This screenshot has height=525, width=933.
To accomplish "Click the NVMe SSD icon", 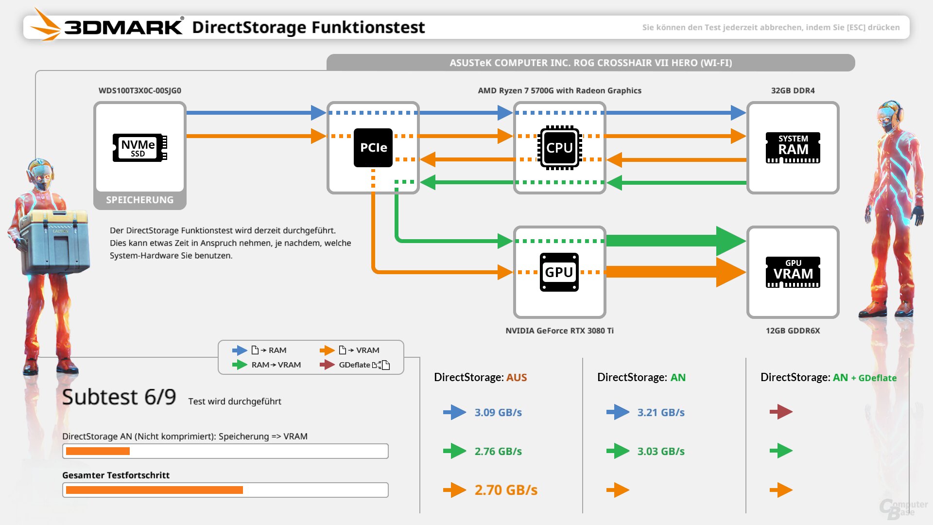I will [139, 148].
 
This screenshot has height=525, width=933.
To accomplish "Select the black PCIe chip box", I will [373, 148].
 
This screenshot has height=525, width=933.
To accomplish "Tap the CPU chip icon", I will [559, 148].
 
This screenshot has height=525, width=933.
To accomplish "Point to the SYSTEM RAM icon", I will [793, 148].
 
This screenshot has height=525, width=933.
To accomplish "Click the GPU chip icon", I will [559, 272].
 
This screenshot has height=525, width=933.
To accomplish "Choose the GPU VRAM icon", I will [793, 272].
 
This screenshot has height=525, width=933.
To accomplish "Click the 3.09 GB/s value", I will [498, 412].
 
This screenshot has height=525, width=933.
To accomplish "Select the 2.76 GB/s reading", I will [498, 451].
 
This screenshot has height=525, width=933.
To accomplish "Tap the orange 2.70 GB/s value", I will [506, 490].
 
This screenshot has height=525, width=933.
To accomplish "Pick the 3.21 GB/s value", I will [661, 412].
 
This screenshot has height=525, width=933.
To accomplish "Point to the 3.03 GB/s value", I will [661, 451].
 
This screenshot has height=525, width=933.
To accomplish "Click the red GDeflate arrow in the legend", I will [327, 365].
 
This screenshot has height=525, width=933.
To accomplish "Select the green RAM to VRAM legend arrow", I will [240, 365].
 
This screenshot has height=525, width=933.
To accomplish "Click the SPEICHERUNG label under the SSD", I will [139, 200].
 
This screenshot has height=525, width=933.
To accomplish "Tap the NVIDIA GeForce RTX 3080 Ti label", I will [559, 331].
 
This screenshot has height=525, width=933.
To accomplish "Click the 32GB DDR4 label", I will [793, 90].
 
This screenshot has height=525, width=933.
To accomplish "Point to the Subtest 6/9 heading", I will [119, 397].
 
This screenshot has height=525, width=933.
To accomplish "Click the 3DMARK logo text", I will [124, 27].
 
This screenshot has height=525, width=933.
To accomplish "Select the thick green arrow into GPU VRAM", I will [675, 241].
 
